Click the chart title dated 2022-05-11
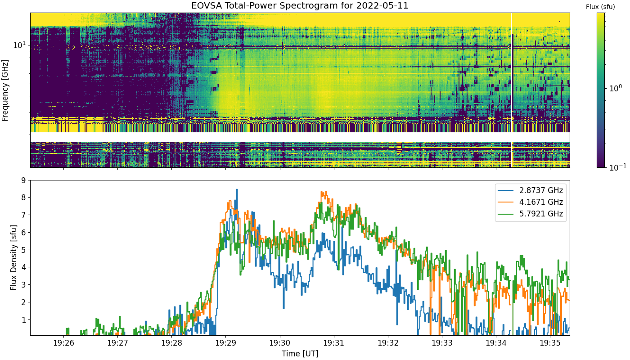tap(300, 5)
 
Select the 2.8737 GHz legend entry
tap(531, 190)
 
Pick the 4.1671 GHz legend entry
tap(531, 202)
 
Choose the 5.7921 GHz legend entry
tap(531, 214)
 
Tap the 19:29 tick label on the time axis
tap(225, 343)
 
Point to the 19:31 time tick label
tap(334, 343)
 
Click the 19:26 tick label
tap(63, 343)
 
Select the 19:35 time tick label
tap(550, 343)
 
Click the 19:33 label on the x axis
tap(442, 343)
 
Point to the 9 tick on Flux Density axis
tap(23, 180)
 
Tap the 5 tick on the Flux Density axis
tap(23, 250)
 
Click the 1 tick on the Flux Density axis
tap(23, 320)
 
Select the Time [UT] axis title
tap(300, 354)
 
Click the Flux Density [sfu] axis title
tap(13, 257)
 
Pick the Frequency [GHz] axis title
tap(5, 90)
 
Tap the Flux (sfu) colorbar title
tap(600, 7)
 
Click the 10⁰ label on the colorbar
tap(616, 88)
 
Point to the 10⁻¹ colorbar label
tap(617, 167)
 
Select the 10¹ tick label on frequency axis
tap(19, 45)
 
